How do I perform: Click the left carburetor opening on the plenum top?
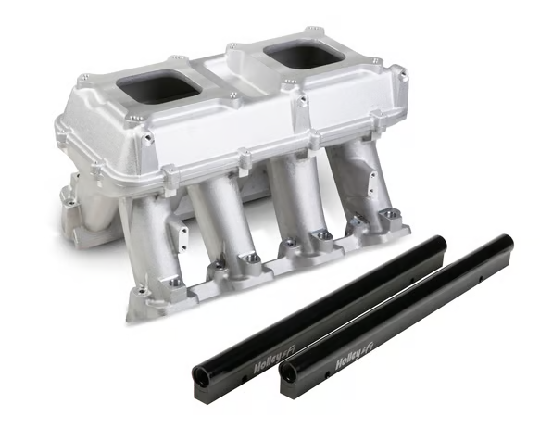point(160,82)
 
